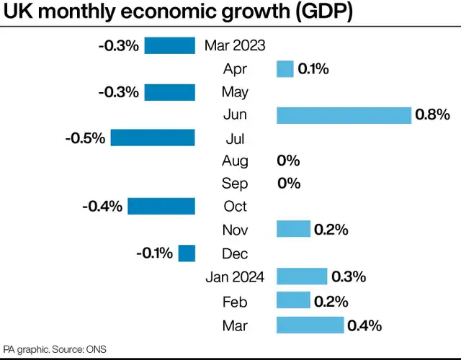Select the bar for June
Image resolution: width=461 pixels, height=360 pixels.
[344, 114]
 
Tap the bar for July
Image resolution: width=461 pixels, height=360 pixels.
[153, 138]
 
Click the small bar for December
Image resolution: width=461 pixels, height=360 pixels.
[187, 253]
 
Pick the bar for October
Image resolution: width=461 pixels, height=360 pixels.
[161, 207]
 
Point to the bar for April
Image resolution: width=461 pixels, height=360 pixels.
[285, 69]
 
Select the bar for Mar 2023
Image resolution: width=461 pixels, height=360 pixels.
[170, 45]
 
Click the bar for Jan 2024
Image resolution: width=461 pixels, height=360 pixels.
[302, 276]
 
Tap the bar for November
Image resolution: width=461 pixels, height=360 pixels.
[293, 230]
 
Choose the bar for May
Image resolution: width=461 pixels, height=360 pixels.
[170, 92]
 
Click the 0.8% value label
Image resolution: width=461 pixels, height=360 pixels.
[432, 114]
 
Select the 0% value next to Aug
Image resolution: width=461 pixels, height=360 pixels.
[288, 161]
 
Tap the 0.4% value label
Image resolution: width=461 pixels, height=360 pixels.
[364, 325]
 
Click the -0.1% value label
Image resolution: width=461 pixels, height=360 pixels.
[154, 253]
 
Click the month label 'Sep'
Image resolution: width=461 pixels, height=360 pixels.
[236, 184]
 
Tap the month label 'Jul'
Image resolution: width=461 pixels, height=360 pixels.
[236, 138]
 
